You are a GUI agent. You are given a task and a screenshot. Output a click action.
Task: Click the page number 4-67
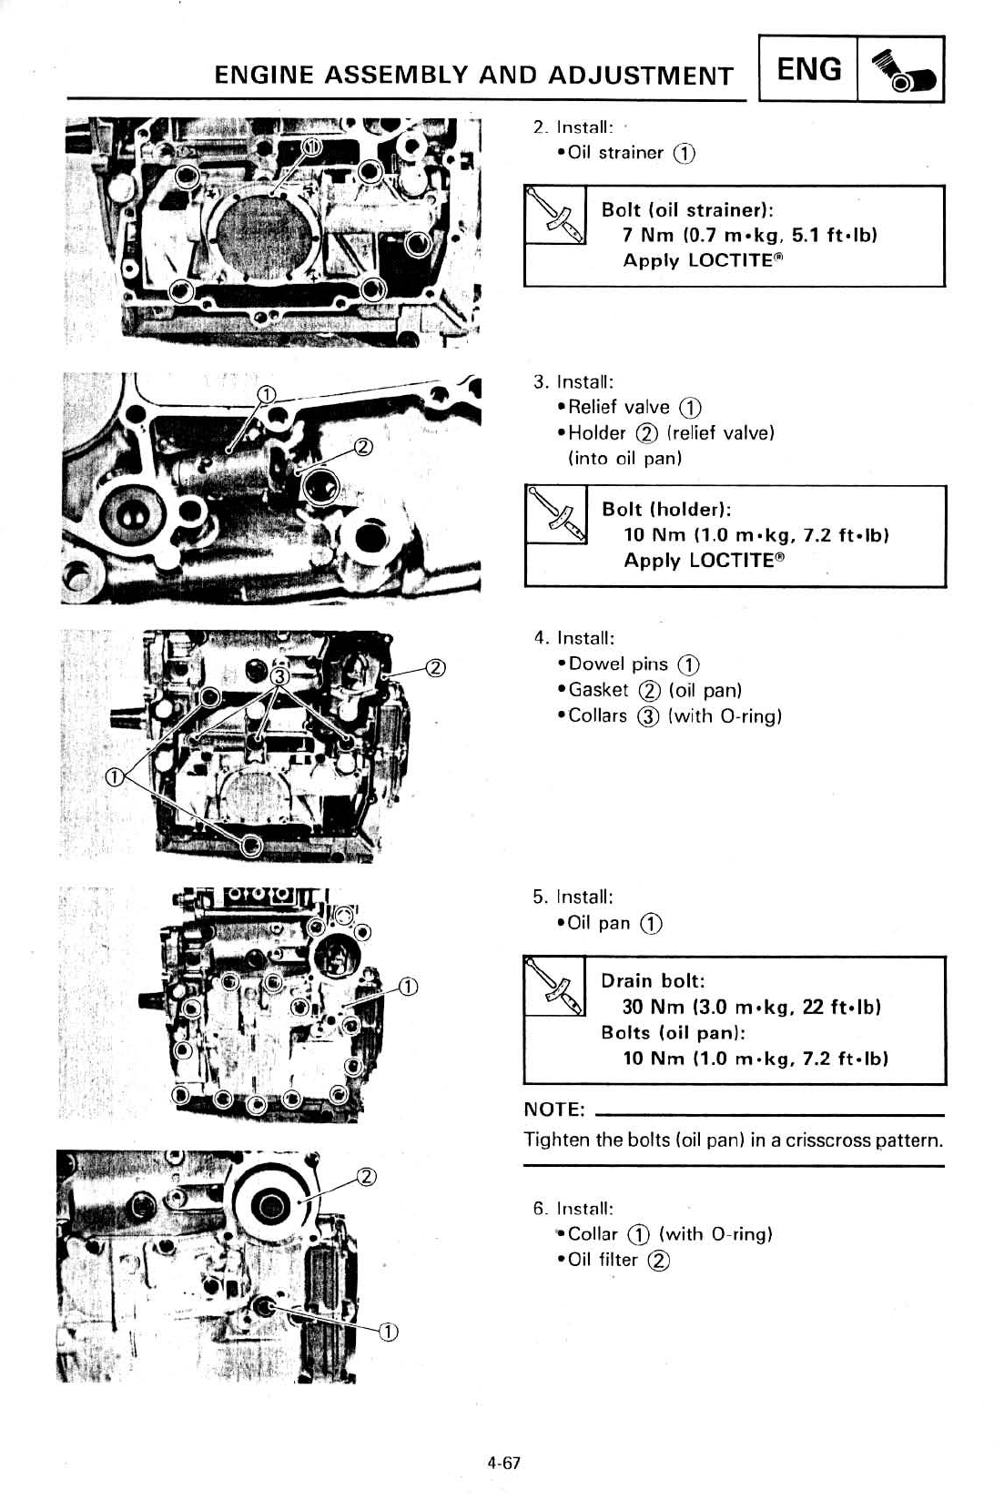click(502, 1463)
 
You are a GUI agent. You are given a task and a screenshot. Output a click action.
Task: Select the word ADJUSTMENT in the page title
click(641, 76)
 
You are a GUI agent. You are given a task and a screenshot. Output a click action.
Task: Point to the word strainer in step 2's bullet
click(631, 153)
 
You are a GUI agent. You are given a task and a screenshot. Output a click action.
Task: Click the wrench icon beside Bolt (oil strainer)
click(555, 215)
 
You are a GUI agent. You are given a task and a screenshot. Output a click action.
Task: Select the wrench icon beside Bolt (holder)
click(556, 515)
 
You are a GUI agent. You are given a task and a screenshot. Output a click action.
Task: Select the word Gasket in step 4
click(598, 690)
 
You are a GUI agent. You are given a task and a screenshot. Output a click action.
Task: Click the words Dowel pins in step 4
click(618, 664)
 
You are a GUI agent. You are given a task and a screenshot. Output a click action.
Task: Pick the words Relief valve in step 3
click(619, 407)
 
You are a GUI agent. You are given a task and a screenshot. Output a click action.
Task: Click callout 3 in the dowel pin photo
click(280, 676)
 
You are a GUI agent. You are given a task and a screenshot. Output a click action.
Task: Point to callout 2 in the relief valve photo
click(362, 446)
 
